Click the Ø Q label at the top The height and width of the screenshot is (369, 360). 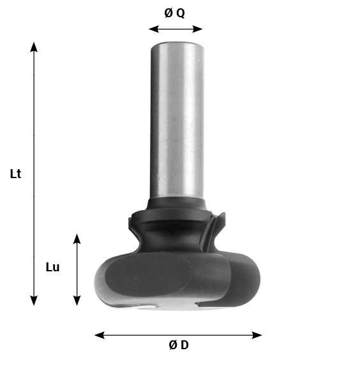point(175,13)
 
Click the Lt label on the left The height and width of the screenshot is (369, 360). point(16,174)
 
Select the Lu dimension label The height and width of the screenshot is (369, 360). point(52,267)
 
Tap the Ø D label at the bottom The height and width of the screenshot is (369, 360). point(179,345)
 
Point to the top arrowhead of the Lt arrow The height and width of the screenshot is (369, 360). point(34,46)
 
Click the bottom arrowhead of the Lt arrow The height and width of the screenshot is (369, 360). point(34,301)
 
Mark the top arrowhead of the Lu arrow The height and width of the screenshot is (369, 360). point(77,238)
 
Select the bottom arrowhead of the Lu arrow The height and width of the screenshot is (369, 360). point(77,301)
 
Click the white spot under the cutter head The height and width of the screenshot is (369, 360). point(148,308)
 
